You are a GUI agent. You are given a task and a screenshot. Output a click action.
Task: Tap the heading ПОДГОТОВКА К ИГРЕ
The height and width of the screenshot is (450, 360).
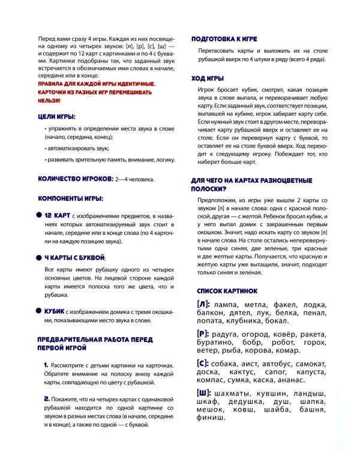pos(224,39)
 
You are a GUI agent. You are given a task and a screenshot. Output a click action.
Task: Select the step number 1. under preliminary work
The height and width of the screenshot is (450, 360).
pos(46,365)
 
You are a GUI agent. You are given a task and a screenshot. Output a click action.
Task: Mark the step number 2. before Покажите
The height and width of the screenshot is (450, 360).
pos(47,398)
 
